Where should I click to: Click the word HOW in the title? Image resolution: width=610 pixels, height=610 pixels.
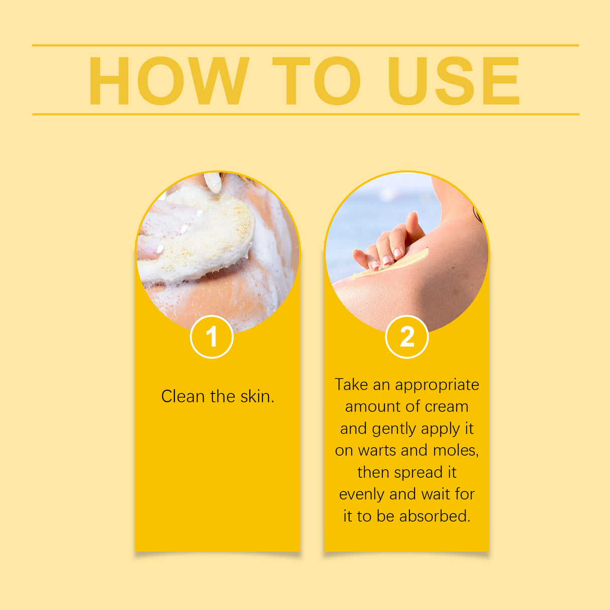click(x=168, y=81)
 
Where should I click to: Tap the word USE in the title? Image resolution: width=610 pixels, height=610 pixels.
click(x=454, y=81)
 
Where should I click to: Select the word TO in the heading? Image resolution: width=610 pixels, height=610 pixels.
click(x=316, y=81)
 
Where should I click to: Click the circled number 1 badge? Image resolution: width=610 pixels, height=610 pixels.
click(x=212, y=337)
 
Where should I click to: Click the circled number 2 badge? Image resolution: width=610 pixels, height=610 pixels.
click(x=406, y=337)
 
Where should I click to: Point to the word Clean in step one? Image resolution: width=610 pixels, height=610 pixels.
click(x=183, y=396)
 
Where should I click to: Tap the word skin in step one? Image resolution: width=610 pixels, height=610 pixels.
click(x=257, y=396)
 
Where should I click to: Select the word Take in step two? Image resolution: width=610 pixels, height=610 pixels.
click(x=351, y=384)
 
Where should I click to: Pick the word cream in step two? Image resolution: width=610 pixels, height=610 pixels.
click(x=447, y=406)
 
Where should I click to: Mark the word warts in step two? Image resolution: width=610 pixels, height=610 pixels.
click(x=377, y=450)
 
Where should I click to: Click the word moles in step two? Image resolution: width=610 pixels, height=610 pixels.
click(x=455, y=450)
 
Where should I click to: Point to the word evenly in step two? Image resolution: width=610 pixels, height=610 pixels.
click(x=362, y=495)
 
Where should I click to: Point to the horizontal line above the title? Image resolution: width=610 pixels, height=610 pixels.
click(x=306, y=45)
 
